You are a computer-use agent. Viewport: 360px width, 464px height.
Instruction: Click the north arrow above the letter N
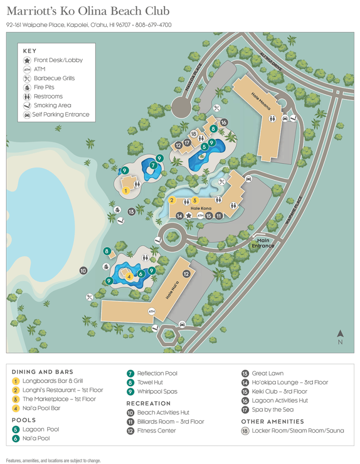(340, 333)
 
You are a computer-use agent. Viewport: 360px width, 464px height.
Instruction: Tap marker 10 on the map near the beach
(83, 271)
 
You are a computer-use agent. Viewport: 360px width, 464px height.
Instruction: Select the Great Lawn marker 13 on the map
(131, 211)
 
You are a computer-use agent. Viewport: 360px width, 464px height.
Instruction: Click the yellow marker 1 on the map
(126, 191)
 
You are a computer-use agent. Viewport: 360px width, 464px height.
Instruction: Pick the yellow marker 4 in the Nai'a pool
(129, 276)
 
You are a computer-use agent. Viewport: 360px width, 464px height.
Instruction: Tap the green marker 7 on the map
(154, 165)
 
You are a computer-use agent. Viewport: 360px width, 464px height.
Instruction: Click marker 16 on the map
(224, 122)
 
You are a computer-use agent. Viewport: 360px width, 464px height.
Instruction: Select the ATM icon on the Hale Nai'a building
(152, 311)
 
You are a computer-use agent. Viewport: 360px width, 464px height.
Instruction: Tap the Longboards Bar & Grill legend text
(53, 381)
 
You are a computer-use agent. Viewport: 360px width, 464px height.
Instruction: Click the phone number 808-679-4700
(153, 25)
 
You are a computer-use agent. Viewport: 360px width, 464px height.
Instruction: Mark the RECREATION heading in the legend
(148, 403)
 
